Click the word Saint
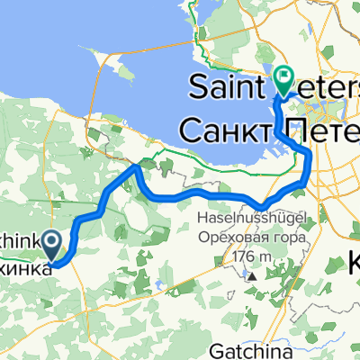pos(227,87)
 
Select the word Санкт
pos(222,130)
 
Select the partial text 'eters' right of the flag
pos(329,87)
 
